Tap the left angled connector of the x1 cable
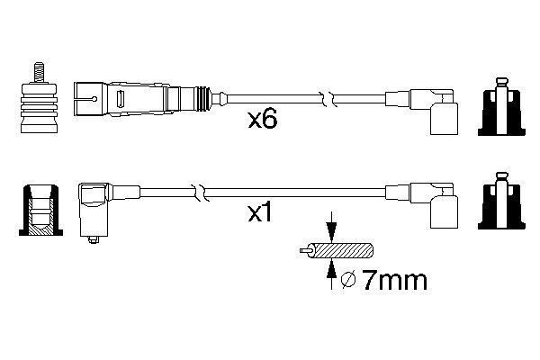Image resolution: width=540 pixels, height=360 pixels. [94, 207]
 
